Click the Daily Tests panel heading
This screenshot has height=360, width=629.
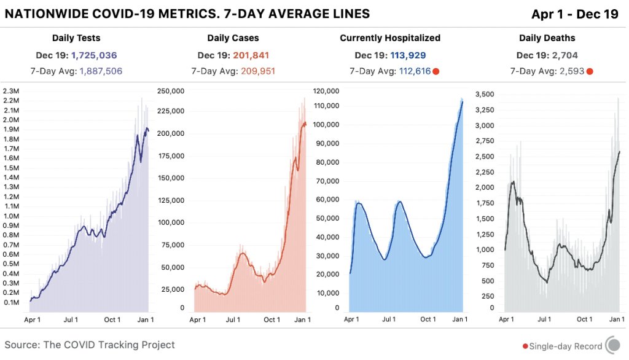76,38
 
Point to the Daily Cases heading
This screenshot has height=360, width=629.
233,38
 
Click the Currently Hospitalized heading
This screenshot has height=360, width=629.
390,38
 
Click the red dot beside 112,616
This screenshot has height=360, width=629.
436,71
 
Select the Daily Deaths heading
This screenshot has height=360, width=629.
547,38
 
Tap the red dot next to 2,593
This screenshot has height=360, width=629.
590,71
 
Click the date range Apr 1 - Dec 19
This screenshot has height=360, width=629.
575,14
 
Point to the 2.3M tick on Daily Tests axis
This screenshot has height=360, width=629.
12,91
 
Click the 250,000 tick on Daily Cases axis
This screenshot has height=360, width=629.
171,91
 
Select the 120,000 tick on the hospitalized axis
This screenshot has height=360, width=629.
326,91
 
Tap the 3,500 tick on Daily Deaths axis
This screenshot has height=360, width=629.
485,94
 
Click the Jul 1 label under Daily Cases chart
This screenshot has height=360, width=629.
233,320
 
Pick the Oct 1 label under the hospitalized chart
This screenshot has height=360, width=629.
428,320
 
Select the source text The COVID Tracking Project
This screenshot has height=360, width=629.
109,345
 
